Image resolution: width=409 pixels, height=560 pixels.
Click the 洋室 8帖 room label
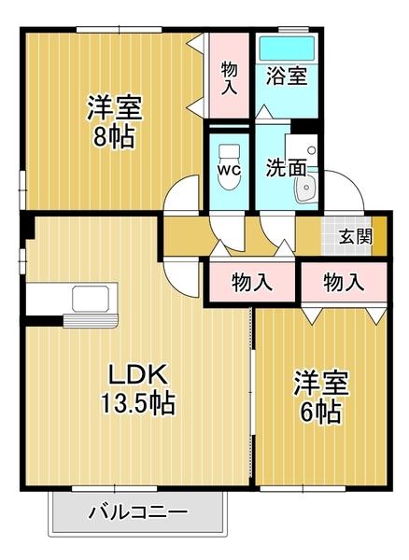click(x=115, y=121)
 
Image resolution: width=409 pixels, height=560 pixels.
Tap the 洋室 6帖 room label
click(x=322, y=396)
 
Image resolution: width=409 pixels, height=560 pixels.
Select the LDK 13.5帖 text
click(x=139, y=389)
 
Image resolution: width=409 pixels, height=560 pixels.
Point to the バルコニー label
click(x=138, y=512)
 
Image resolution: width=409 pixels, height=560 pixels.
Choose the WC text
click(x=228, y=171)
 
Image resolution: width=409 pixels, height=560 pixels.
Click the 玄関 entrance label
click(x=355, y=236)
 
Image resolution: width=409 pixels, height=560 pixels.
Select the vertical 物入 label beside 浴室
click(x=229, y=77)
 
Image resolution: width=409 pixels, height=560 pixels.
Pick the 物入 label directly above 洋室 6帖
click(x=345, y=281)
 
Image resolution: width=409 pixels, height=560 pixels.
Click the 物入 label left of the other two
click(x=251, y=281)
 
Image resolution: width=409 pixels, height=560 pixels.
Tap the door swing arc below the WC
click(x=228, y=229)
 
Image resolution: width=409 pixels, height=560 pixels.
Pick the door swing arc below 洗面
click(x=276, y=229)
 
